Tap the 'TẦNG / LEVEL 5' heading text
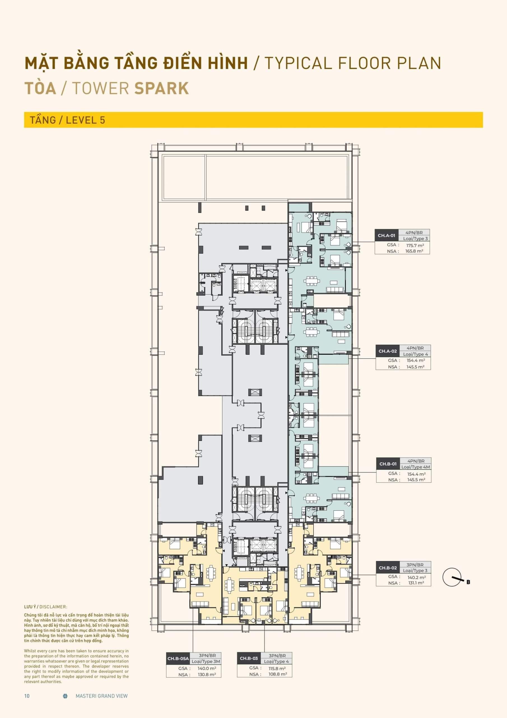68,120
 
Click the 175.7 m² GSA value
415,245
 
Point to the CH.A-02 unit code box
387,351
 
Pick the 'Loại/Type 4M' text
415,467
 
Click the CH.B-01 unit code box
388,464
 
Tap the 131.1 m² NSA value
415,583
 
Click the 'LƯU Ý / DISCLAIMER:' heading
46,607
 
